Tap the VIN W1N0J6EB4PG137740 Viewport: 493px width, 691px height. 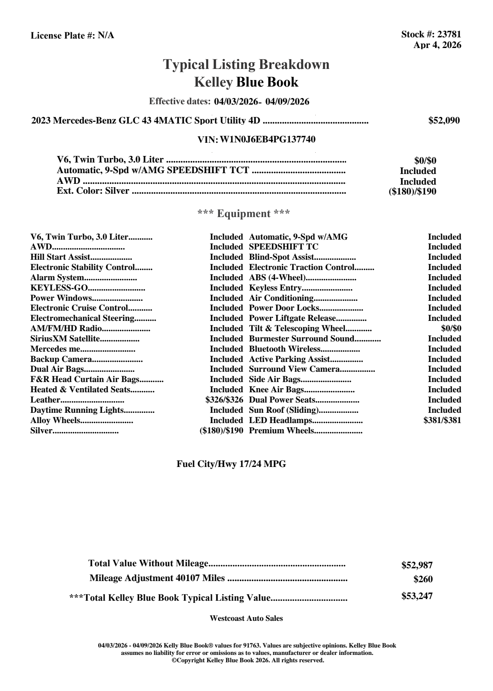coord(268,140)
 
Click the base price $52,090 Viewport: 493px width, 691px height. coord(444,121)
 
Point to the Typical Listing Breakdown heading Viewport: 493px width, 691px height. coord(246,65)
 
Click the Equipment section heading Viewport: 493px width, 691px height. coord(244,214)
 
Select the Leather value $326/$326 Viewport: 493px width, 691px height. coord(224,400)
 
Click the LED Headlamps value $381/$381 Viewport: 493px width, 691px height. coord(442,420)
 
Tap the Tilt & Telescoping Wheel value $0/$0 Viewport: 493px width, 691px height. coord(451,329)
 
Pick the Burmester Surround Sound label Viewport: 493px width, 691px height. coord(302,339)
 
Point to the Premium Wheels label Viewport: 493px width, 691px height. coord(282,431)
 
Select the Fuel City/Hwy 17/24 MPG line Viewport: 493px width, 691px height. coord(231,464)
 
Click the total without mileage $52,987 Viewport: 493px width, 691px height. coord(417,565)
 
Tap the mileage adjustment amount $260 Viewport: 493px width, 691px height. coord(423,580)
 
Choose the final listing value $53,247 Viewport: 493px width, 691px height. coord(417,596)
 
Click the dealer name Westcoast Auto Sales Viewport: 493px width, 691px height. coord(246,618)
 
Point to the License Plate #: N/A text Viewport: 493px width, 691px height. coord(73,36)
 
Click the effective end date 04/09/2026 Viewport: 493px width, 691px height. coord(287,102)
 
